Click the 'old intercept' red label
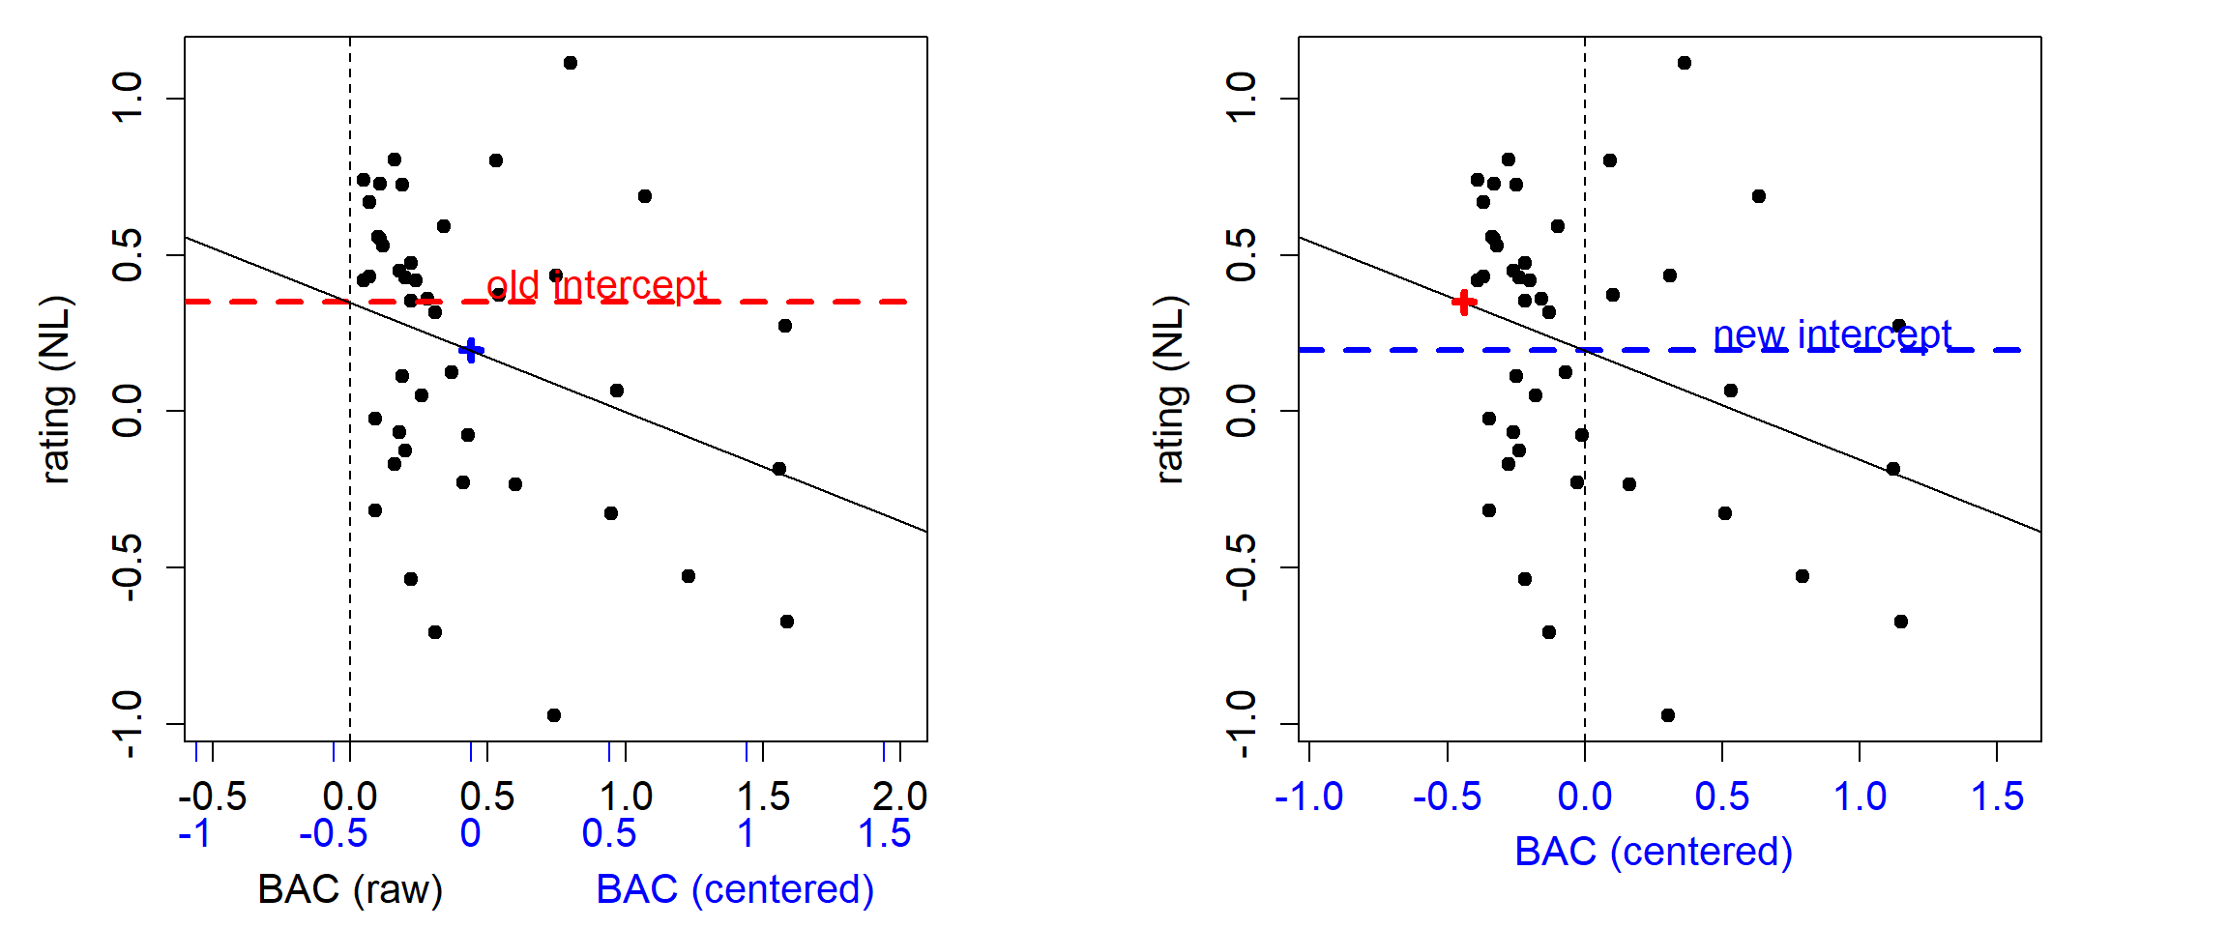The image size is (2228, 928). pos(597,286)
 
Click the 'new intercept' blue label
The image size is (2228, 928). pos(1832,335)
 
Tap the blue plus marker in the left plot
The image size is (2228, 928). pos(471,350)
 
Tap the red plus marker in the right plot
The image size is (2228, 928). pos(1465,303)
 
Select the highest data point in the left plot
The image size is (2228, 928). pos(571,63)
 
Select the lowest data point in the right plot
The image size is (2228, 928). pos(1668,715)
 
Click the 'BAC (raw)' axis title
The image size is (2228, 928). pos(350,889)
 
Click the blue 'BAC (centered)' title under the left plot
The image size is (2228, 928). pos(735,889)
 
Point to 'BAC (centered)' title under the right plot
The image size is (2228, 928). pos(1654,852)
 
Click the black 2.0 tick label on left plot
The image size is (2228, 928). pos(899,797)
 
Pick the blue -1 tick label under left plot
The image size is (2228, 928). pos(195,833)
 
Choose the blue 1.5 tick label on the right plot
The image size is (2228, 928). pos(1997,797)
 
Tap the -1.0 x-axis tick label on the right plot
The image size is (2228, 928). pos(1309,797)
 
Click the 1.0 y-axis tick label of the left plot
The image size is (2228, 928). pos(128,98)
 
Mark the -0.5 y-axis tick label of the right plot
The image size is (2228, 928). pos(1242,567)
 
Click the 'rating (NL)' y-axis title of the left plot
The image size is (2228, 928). pos(56,390)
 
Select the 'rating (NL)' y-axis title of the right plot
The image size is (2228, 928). pos(1170,390)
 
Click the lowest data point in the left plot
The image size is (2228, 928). pos(554,715)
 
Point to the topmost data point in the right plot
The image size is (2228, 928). pos(1685,63)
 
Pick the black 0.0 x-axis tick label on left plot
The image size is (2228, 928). pos(350,797)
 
